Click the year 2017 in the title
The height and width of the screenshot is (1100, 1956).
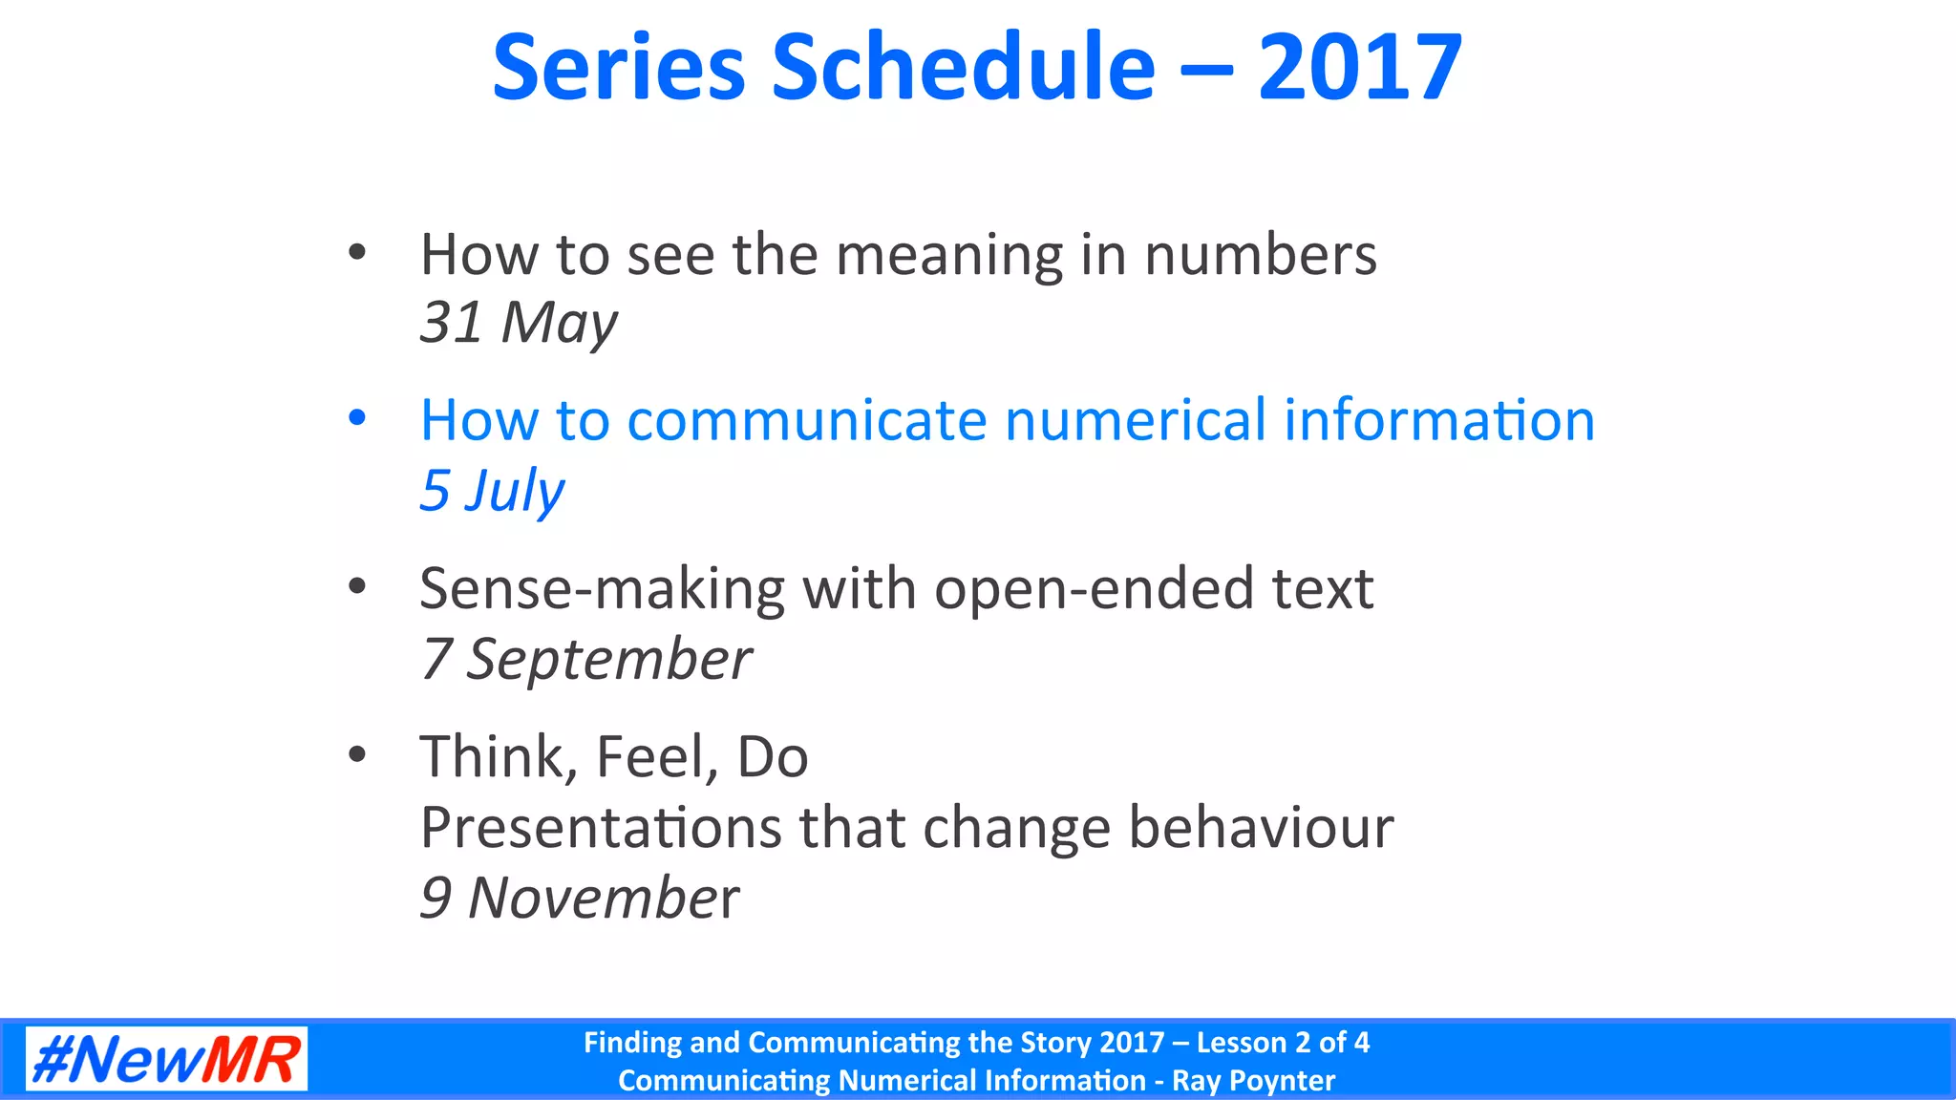pos(1359,68)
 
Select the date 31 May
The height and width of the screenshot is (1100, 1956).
pos(519,323)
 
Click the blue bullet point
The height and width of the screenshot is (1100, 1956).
pos(357,418)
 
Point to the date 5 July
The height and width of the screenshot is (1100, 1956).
pos(492,491)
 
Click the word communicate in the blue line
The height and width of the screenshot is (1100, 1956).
pos(806,420)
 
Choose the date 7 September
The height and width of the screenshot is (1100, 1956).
pos(586,659)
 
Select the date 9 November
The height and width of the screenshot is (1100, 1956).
pos(580,898)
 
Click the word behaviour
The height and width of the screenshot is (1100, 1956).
pos(1261,827)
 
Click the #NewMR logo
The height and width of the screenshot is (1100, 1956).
pos(166,1059)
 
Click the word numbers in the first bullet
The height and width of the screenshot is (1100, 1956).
pos(1260,256)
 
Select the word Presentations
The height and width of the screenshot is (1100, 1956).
pos(601,827)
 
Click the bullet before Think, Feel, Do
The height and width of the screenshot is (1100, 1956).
pos(357,754)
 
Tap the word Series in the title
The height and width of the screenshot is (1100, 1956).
pos(618,68)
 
